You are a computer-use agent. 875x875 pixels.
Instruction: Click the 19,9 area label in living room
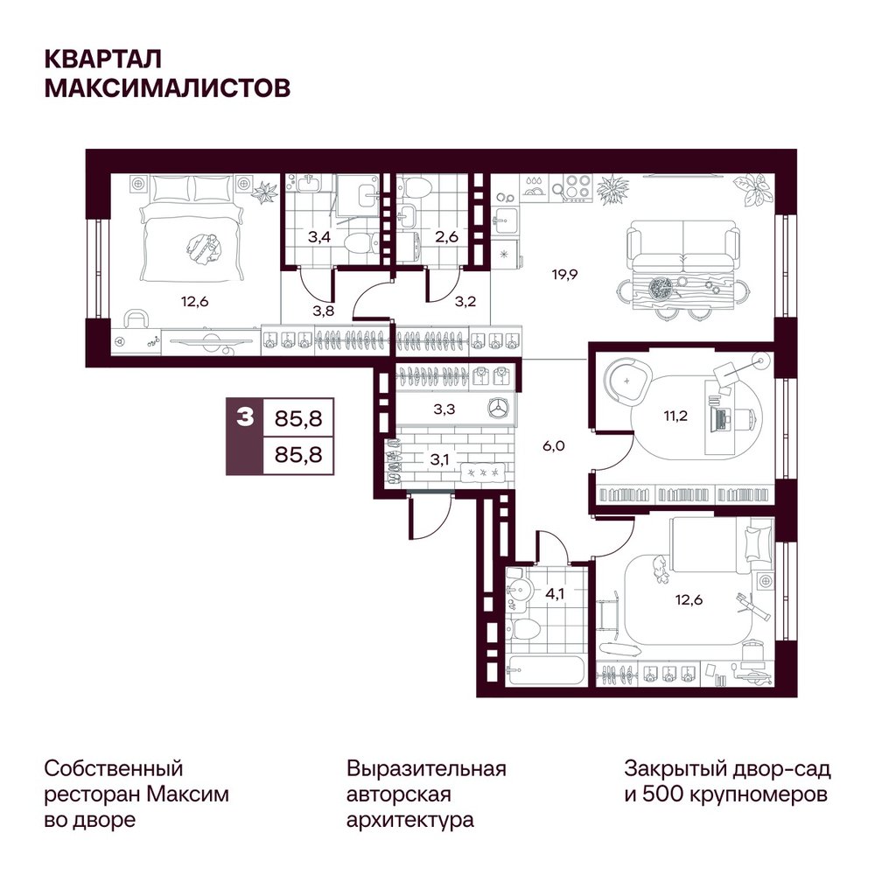coord(564,275)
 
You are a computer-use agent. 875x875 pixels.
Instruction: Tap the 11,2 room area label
coord(675,416)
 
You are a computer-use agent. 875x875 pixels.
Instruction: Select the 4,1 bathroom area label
coord(555,594)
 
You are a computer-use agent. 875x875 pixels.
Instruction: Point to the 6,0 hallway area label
coord(554,445)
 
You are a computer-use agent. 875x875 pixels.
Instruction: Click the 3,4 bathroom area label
coord(319,237)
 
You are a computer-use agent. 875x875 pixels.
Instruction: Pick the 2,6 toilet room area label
coord(446,237)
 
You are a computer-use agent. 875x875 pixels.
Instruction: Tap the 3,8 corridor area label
coord(323,311)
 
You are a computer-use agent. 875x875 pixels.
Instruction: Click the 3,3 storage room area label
coord(444,409)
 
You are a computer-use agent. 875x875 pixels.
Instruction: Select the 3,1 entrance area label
coord(439,460)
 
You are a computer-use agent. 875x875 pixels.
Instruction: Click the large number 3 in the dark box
coord(245,416)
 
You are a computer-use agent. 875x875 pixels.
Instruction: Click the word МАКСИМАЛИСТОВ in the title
coord(167,88)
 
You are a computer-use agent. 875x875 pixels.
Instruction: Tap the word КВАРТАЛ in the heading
coord(103,59)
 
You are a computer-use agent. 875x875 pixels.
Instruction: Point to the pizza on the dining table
coord(661,289)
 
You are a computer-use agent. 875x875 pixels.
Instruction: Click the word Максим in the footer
coord(188,794)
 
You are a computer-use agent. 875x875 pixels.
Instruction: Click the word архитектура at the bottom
coord(410,821)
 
